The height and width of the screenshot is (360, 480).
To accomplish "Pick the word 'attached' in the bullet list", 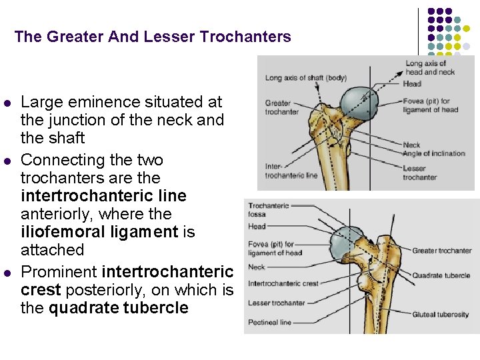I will point(52,249).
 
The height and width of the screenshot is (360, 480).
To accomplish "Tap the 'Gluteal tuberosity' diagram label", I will point(440,315).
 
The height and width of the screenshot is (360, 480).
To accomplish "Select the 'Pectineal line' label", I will point(269,322).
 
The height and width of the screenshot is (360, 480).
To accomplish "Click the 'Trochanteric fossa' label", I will point(269,209).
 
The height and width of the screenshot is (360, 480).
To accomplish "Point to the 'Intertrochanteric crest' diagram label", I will point(283,283).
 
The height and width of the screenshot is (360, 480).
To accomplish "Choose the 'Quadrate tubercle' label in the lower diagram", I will point(441,275).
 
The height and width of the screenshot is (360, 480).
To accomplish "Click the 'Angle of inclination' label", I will point(434,153).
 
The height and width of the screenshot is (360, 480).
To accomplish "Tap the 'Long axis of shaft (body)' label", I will point(306,78).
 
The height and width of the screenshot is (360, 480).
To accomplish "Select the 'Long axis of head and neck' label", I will point(430,67).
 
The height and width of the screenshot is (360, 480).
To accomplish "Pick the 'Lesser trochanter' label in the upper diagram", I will point(419,173).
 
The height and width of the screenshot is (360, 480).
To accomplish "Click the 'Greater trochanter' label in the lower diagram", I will point(441,251).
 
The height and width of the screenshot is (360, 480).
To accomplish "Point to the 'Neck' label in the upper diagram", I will point(411,145).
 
